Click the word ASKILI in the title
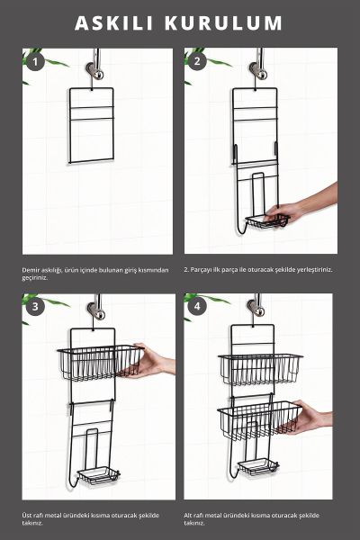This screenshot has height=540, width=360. (x=114, y=23)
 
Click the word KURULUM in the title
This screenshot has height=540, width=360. (x=223, y=23)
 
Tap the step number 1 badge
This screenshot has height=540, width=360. (x=34, y=62)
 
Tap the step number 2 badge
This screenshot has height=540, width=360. (x=197, y=61)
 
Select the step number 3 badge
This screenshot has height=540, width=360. (x=35, y=306)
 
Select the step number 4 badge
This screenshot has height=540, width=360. (x=197, y=306)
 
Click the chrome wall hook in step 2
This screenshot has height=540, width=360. (x=257, y=69)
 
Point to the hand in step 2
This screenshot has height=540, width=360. (x=301, y=206)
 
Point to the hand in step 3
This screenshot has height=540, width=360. (x=150, y=361)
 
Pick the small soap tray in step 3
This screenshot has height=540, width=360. (x=98, y=475)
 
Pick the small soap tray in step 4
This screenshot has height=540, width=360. (x=258, y=466)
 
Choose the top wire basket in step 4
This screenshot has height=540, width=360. (x=260, y=368)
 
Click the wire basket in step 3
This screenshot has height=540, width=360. (x=100, y=363)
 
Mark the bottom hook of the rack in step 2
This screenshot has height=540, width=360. (x=241, y=228)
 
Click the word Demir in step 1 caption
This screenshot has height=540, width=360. (x=30, y=270)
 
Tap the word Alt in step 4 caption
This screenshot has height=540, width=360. (x=188, y=516)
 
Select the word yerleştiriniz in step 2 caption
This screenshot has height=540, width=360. (x=315, y=270)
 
